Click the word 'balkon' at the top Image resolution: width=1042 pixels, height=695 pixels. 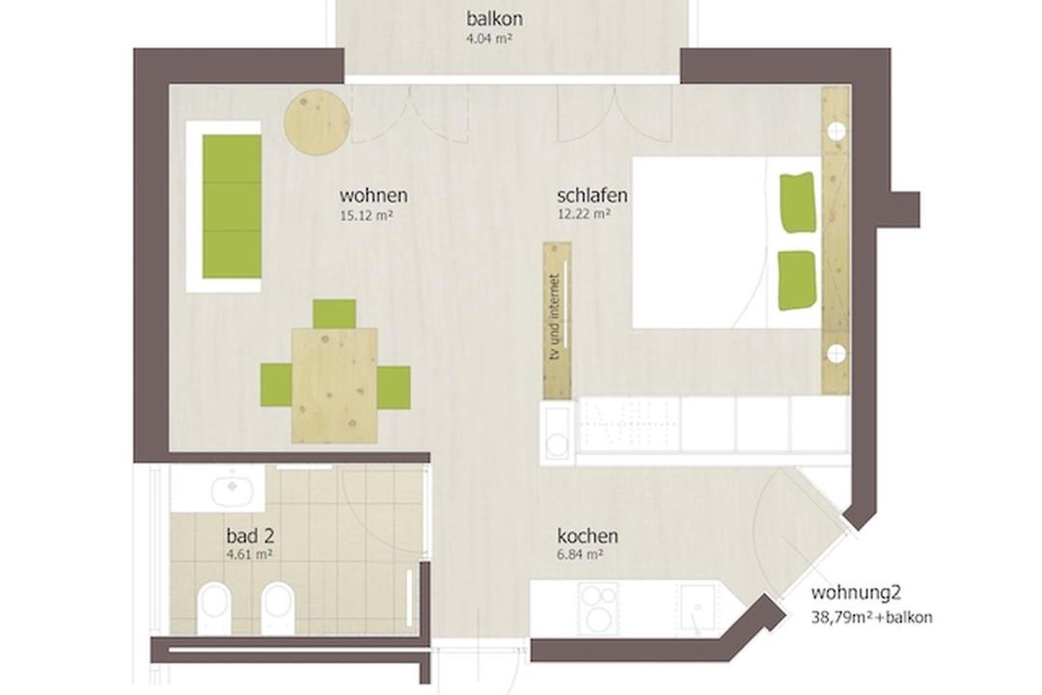tap(494, 18)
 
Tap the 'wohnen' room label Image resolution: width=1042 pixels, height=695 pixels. tap(373, 196)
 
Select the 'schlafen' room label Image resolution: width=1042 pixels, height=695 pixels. tap(592, 196)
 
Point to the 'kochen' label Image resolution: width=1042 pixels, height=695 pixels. tap(588, 536)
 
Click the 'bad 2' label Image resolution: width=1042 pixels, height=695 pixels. tap(251, 536)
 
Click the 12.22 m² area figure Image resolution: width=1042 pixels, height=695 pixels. tap(584, 214)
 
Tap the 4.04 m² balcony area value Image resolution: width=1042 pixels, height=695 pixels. tap(489, 38)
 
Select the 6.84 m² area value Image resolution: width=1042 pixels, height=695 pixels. tap(580, 554)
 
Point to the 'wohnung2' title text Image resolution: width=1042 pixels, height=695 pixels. tap(857, 594)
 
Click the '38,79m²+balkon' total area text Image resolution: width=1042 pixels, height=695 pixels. tap(871, 617)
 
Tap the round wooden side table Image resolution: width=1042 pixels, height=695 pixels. tap(317, 123)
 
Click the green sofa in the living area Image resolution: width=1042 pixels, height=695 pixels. tap(232, 207)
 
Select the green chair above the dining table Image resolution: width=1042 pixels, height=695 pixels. tap(334, 314)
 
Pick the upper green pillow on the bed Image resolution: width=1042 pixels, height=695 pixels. tap(798, 203)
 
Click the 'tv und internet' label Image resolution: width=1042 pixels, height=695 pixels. tap(556, 318)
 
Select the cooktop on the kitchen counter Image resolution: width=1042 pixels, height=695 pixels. tap(598, 609)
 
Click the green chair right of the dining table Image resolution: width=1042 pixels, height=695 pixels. tap(394, 388)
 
